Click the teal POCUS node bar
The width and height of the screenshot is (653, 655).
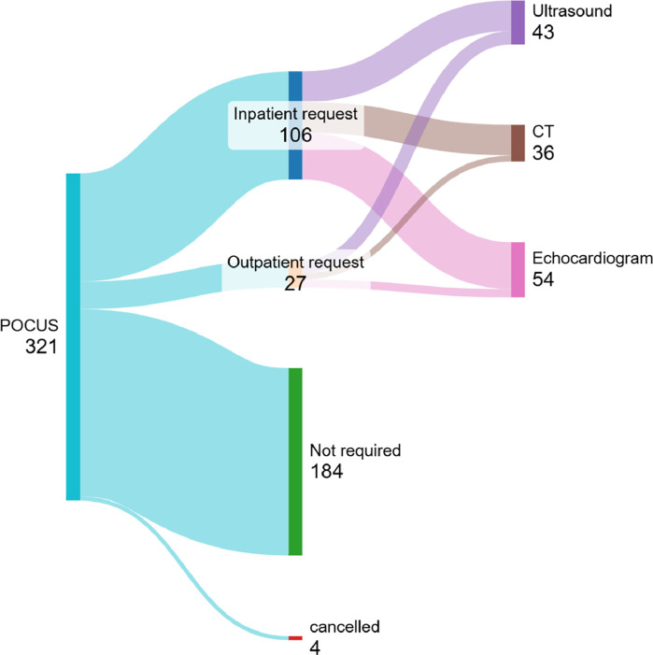click(x=73, y=336)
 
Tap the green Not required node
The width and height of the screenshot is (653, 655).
click(x=295, y=462)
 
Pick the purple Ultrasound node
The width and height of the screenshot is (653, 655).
click(x=518, y=22)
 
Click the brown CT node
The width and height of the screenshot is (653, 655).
click(x=518, y=142)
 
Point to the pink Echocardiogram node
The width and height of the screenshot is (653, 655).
click(x=518, y=270)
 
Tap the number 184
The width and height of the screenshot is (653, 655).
click(x=327, y=472)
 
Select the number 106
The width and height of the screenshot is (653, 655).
click(x=295, y=135)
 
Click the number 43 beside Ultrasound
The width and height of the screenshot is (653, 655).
click(x=544, y=33)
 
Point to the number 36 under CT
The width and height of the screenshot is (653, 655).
click(x=544, y=152)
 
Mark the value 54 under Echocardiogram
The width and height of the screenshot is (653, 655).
click(x=544, y=278)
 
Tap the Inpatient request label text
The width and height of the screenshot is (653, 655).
click(x=295, y=113)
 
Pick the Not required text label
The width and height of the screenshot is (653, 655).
click(x=354, y=450)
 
